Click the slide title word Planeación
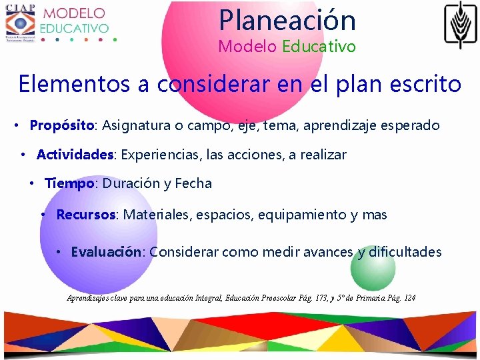(x=287, y=20)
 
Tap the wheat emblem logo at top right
(x=461, y=25)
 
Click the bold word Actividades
(x=75, y=155)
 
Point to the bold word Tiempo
(x=69, y=183)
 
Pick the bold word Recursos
(x=87, y=215)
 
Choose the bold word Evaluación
(x=106, y=252)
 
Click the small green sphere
(x=373, y=268)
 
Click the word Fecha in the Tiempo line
(x=193, y=183)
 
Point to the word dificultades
(x=405, y=252)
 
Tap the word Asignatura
(x=135, y=125)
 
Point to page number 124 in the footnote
(x=409, y=297)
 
